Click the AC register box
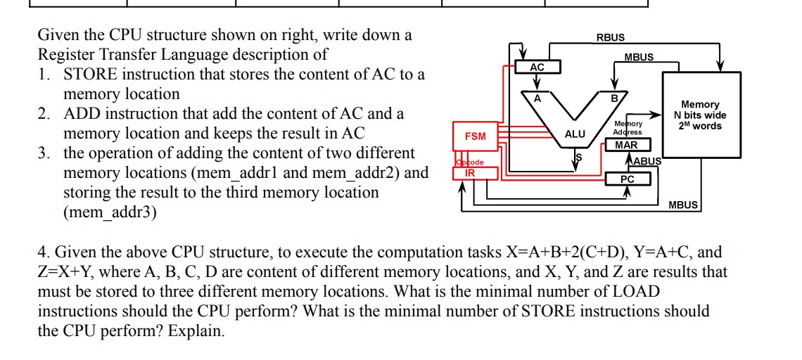coord(537,67)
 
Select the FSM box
coord(476,135)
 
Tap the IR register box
coord(470,172)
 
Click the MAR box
coord(626,145)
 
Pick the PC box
coord(628,179)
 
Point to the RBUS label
coord(610,37)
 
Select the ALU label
coord(575,134)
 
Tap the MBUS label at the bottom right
coord(683,205)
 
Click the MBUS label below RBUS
coord(638,57)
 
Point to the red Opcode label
coord(469,163)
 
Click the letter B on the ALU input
coord(613,99)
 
